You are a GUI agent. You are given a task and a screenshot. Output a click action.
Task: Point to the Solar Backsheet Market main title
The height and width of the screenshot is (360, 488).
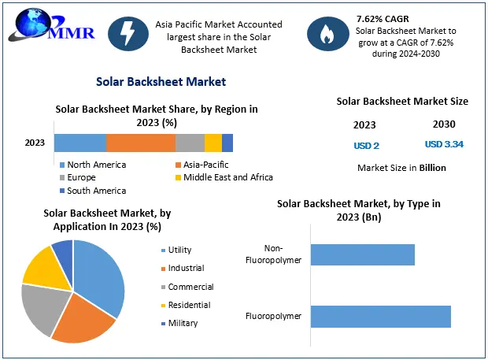[x=161, y=81]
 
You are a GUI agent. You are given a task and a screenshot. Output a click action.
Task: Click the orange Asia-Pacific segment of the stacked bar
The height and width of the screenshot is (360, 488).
[x=141, y=143]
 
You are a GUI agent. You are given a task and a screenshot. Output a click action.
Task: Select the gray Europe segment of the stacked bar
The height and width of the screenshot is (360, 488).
[x=190, y=143]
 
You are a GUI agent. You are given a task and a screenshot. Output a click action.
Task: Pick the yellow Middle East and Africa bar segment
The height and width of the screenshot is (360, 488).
[x=213, y=143]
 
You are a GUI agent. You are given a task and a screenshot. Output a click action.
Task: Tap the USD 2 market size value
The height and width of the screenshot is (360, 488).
[x=366, y=145]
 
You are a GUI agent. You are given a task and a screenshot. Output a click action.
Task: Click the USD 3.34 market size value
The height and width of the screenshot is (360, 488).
[x=443, y=144]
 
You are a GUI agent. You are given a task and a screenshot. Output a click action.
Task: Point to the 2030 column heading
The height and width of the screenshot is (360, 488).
[x=443, y=124]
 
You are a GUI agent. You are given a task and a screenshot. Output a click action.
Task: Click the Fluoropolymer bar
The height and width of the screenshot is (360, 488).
[x=381, y=317]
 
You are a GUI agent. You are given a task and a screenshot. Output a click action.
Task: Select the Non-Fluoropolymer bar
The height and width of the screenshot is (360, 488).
[x=363, y=254]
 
